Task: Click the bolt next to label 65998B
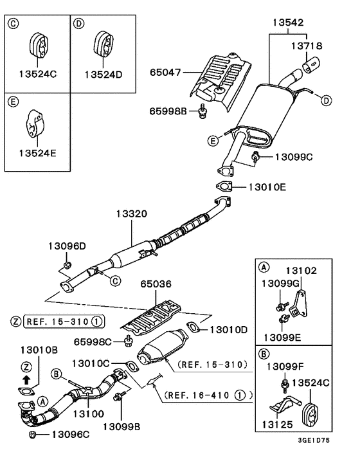click(203, 112)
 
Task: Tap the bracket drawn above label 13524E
click(35, 125)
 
